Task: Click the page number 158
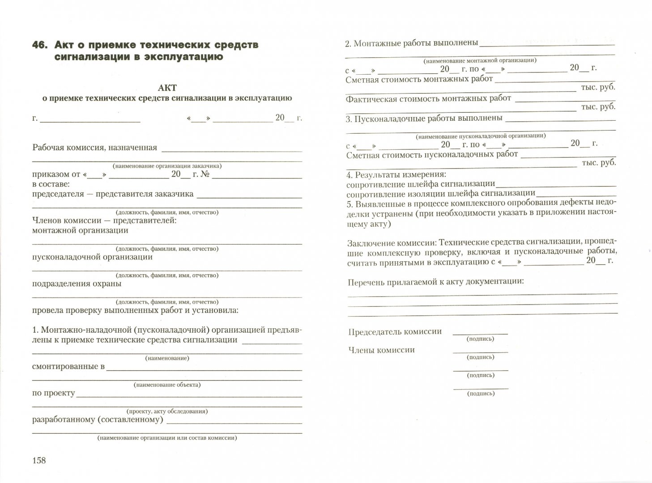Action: (x=39, y=460)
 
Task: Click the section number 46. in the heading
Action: (x=41, y=45)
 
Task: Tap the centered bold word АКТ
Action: (x=167, y=88)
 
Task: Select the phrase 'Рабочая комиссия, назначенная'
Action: (x=95, y=148)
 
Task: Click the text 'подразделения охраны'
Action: (x=77, y=284)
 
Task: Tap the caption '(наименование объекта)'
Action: (x=167, y=385)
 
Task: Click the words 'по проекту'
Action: (x=54, y=393)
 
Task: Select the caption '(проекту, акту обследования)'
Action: (x=167, y=411)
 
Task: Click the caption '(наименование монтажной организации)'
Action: (x=480, y=60)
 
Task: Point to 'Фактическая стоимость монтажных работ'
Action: (x=428, y=98)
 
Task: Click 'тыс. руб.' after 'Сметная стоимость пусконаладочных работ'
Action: (x=598, y=163)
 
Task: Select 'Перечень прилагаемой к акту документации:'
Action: (x=436, y=282)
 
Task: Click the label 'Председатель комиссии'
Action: (x=395, y=332)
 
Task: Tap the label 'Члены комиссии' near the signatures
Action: (x=381, y=350)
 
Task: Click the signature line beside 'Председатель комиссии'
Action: (x=480, y=334)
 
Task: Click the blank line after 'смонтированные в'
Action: (x=204, y=369)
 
